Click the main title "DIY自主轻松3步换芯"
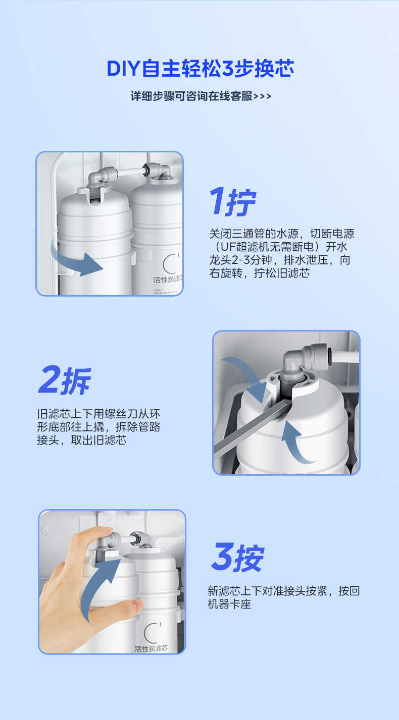point(200,69)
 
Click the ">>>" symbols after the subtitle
point(262,96)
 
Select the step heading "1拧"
point(233,202)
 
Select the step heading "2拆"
point(65,380)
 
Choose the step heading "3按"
point(237,558)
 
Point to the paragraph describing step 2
point(98,427)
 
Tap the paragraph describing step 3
point(283,597)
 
